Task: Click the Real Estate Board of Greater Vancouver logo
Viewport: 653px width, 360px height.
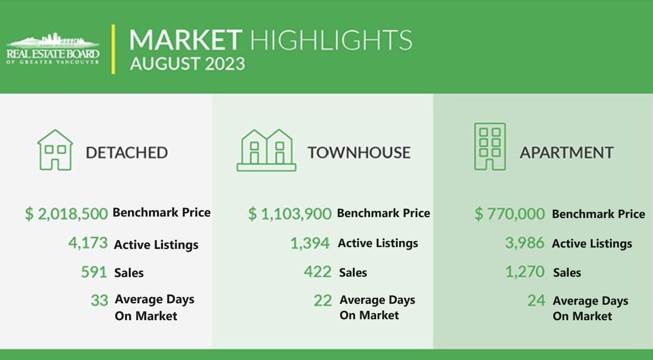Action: click(x=53, y=48)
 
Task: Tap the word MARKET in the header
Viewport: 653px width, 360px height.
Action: click(x=186, y=40)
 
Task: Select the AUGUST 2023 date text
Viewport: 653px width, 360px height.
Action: click(x=187, y=64)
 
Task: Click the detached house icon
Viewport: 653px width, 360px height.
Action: click(x=55, y=150)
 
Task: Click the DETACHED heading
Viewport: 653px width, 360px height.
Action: click(x=127, y=152)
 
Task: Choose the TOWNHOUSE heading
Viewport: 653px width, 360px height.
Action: click(x=359, y=152)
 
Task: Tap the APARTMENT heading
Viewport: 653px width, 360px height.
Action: click(x=567, y=152)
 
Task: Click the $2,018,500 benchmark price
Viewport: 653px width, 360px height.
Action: click(x=67, y=214)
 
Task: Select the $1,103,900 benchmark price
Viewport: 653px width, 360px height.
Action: click(x=290, y=214)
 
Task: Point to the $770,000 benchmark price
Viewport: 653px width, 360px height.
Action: click(x=510, y=214)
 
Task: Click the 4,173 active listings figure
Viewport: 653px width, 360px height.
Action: click(x=88, y=243)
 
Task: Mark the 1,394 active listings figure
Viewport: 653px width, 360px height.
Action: click(x=310, y=243)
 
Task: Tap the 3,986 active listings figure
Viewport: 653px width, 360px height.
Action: click(x=525, y=243)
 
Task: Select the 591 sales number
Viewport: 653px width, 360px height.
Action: click(x=94, y=272)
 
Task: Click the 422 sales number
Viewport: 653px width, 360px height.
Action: click(x=318, y=272)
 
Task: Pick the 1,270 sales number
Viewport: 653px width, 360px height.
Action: click(x=525, y=272)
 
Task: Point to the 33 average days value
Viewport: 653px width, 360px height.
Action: click(x=99, y=300)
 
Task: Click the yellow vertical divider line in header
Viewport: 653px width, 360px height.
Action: click(x=113, y=49)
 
